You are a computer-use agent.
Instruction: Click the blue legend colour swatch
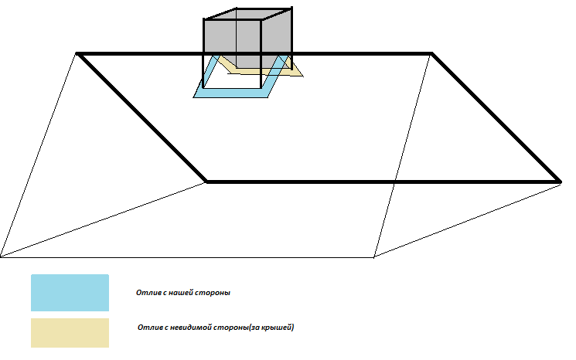(x=70, y=293)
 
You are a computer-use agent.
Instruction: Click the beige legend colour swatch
(x=70, y=332)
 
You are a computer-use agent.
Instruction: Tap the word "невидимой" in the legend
(x=191, y=328)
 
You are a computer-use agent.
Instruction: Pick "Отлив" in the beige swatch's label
(x=148, y=328)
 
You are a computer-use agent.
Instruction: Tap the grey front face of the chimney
(x=232, y=39)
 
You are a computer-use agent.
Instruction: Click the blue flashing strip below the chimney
(x=232, y=93)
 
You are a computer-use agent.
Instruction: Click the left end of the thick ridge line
(x=78, y=53)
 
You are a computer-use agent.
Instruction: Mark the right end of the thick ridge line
(x=431, y=53)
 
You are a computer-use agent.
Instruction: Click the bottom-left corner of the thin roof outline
(x=2, y=256)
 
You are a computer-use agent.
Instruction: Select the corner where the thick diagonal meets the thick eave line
(x=206, y=182)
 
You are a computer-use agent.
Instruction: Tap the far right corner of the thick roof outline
(x=559, y=182)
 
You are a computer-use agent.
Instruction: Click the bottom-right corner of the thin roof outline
(x=374, y=256)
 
